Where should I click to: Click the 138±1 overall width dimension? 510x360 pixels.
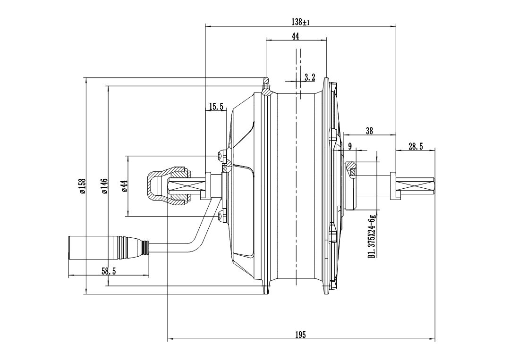pos(300,22)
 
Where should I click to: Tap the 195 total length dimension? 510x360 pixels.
pos(300,335)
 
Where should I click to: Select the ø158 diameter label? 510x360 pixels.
pos(82,186)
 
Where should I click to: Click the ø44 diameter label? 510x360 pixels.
pos(125,186)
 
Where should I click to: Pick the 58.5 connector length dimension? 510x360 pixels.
pos(109,271)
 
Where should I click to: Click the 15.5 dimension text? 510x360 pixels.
pos(216,107)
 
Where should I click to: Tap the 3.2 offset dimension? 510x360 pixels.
pos(310,77)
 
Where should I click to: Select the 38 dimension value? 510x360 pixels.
pos(369,132)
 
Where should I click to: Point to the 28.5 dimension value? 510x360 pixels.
pos(416,147)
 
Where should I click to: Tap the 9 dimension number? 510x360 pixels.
pos(350,147)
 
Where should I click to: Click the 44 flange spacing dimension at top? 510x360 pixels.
pos(296,36)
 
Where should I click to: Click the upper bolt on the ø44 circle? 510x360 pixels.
pos(222,155)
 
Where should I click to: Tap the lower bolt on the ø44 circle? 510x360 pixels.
pos(222,216)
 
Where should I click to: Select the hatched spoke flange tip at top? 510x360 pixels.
pos(267,87)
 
